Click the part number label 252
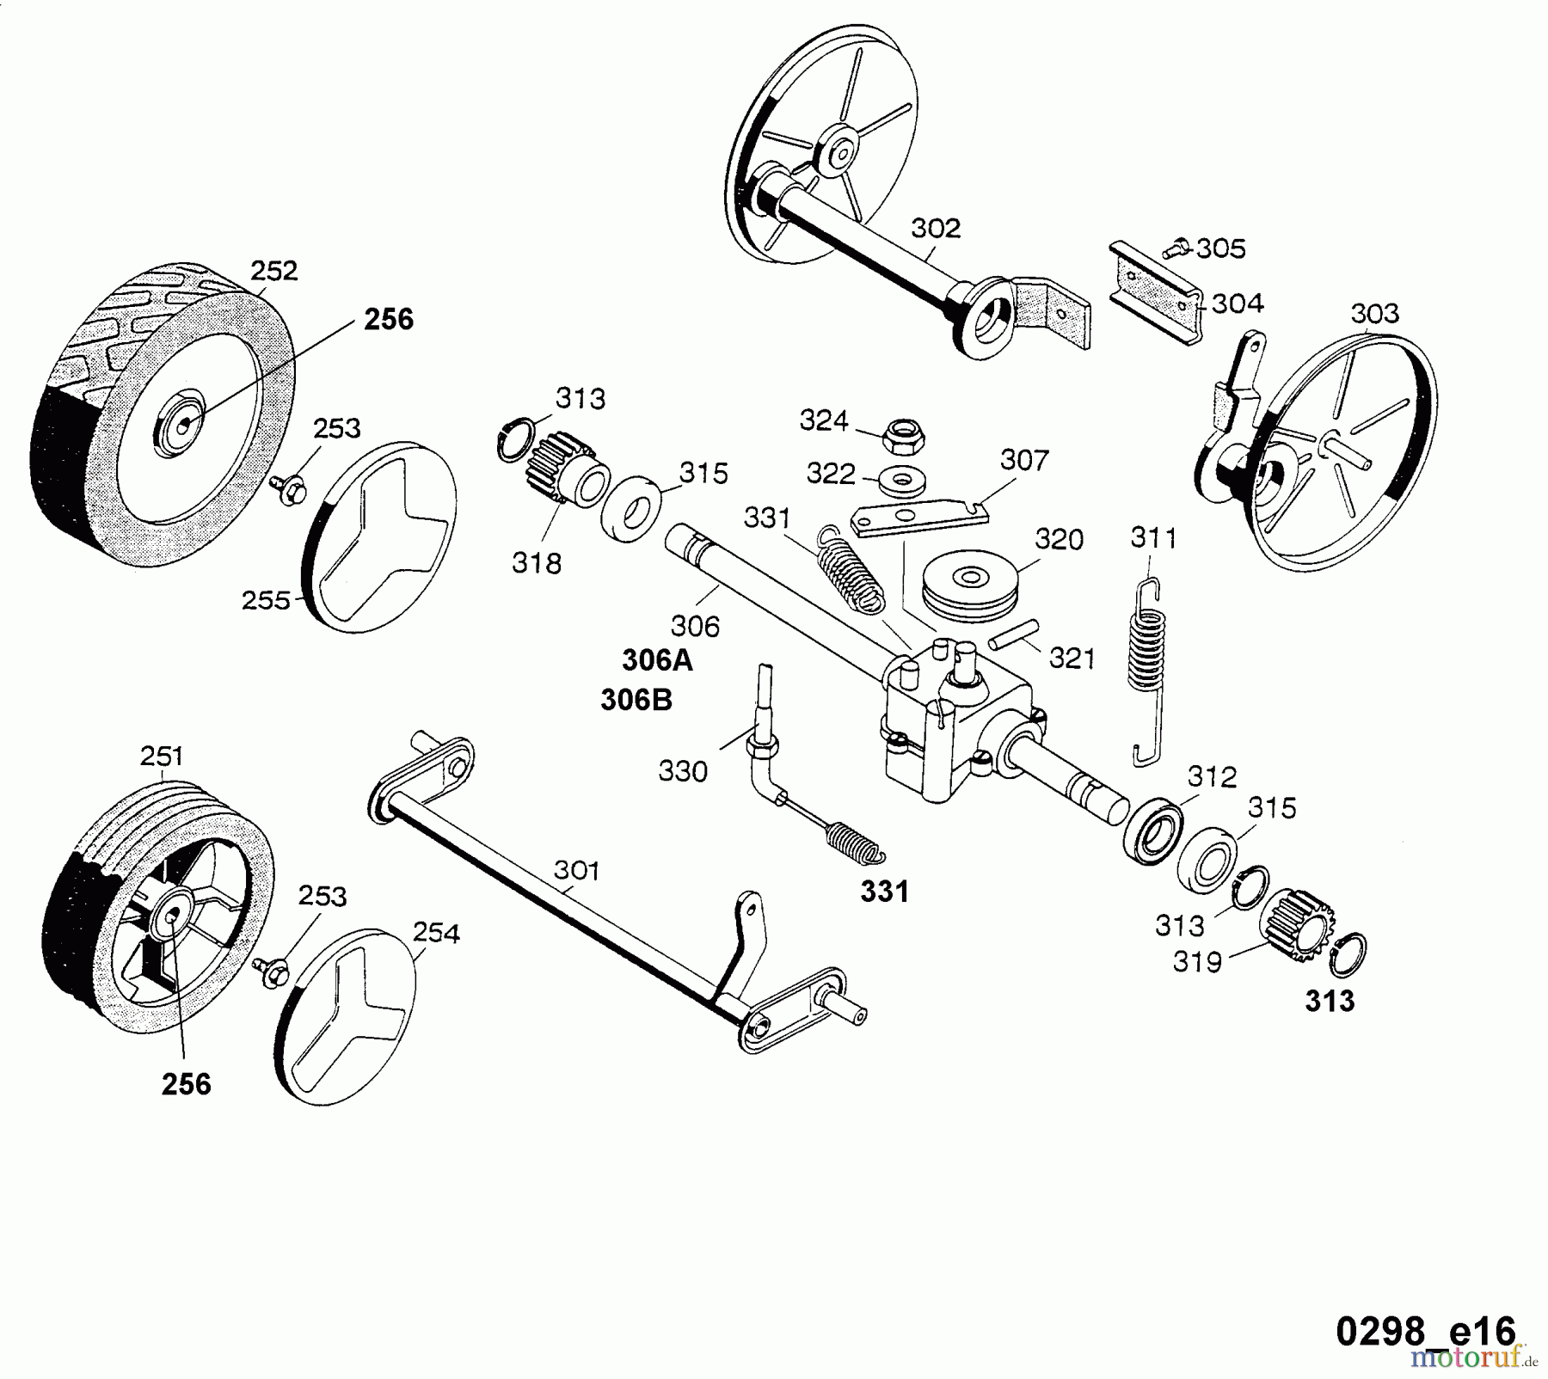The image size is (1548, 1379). pos(273,271)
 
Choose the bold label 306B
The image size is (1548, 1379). pos(636,701)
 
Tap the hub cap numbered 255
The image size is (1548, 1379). pos(378,537)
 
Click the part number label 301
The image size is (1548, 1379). pos(576,871)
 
